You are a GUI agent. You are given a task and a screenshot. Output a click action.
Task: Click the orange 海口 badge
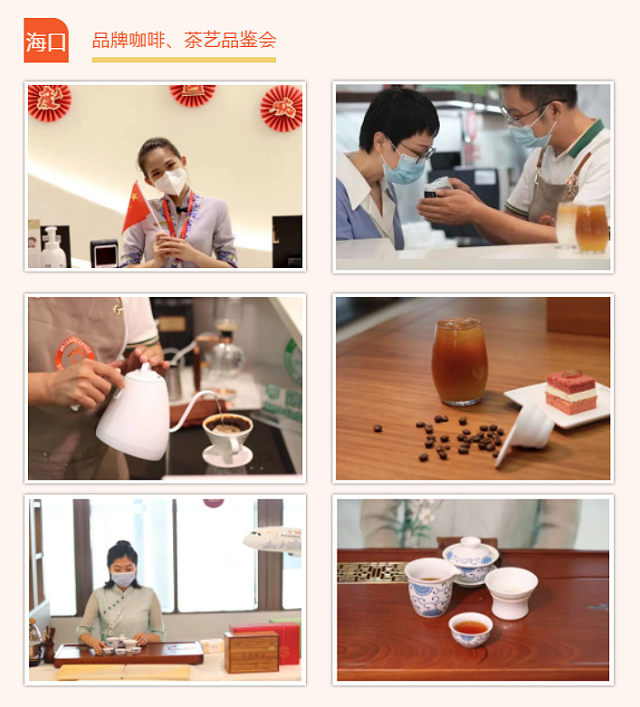pos(46,41)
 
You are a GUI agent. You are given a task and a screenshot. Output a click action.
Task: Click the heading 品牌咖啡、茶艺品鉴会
pos(184,40)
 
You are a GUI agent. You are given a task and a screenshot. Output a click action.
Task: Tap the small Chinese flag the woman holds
pos(136,207)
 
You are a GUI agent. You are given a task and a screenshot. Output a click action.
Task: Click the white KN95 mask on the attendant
pos(170,181)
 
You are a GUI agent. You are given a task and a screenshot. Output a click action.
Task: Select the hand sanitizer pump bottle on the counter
pos(53,248)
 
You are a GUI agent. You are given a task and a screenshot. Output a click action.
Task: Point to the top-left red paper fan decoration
pos(49,103)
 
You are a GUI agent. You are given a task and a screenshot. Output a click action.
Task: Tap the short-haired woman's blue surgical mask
pos(403,167)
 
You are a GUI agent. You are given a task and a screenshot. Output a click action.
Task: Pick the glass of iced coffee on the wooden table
pos(460,361)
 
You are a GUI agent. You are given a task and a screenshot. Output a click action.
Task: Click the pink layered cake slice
pos(571,392)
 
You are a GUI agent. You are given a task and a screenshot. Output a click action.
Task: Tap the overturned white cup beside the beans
pos(526,428)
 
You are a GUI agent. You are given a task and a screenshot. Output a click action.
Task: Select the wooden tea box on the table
pos(252,652)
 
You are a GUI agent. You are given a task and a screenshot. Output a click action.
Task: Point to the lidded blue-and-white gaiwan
pos(471,561)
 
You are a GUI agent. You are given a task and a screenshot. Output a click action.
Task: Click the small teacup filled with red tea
pos(471,629)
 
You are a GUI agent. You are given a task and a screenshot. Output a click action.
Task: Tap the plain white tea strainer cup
pos(511,592)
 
